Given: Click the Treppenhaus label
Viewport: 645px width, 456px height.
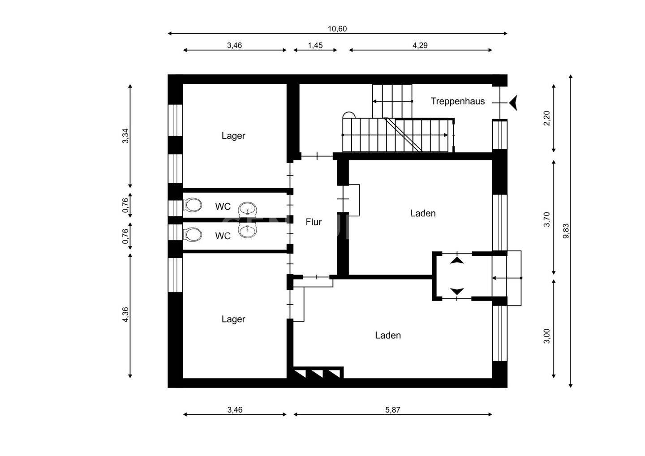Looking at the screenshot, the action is [x=458, y=101].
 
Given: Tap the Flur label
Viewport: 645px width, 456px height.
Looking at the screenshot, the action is [x=314, y=222].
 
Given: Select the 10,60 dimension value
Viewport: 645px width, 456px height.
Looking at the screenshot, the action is [x=337, y=29].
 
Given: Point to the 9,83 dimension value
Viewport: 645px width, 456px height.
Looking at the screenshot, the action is [x=566, y=231].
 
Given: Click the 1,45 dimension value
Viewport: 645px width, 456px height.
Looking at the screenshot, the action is [x=315, y=45].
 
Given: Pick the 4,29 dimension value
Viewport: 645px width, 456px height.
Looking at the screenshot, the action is [x=420, y=45].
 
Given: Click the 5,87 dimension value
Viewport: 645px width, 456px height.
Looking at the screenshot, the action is [x=393, y=410].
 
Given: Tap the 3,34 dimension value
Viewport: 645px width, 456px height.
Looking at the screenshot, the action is [x=126, y=136].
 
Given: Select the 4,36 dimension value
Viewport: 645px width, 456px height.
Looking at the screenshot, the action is [x=125, y=314].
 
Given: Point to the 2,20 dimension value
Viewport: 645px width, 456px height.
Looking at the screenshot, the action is [x=547, y=118].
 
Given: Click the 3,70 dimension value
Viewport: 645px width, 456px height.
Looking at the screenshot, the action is [x=547, y=219].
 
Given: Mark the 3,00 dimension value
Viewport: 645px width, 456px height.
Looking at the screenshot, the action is [x=547, y=336].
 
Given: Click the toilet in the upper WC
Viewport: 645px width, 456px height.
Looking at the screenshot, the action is [x=192, y=205].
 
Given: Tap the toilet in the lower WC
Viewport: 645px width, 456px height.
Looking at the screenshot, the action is [x=192, y=234].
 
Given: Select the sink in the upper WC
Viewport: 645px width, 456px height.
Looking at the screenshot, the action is [x=247, y=209].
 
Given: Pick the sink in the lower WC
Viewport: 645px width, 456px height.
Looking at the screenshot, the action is [x=247, y=231].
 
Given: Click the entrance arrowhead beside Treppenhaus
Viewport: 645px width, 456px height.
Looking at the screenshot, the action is [x=513, y=103].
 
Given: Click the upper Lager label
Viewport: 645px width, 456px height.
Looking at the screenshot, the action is [x=233, y=136].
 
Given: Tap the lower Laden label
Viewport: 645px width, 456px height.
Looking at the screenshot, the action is [x=388, y=335].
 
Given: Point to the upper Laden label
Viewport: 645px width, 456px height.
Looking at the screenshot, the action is [x=423, y=213].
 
